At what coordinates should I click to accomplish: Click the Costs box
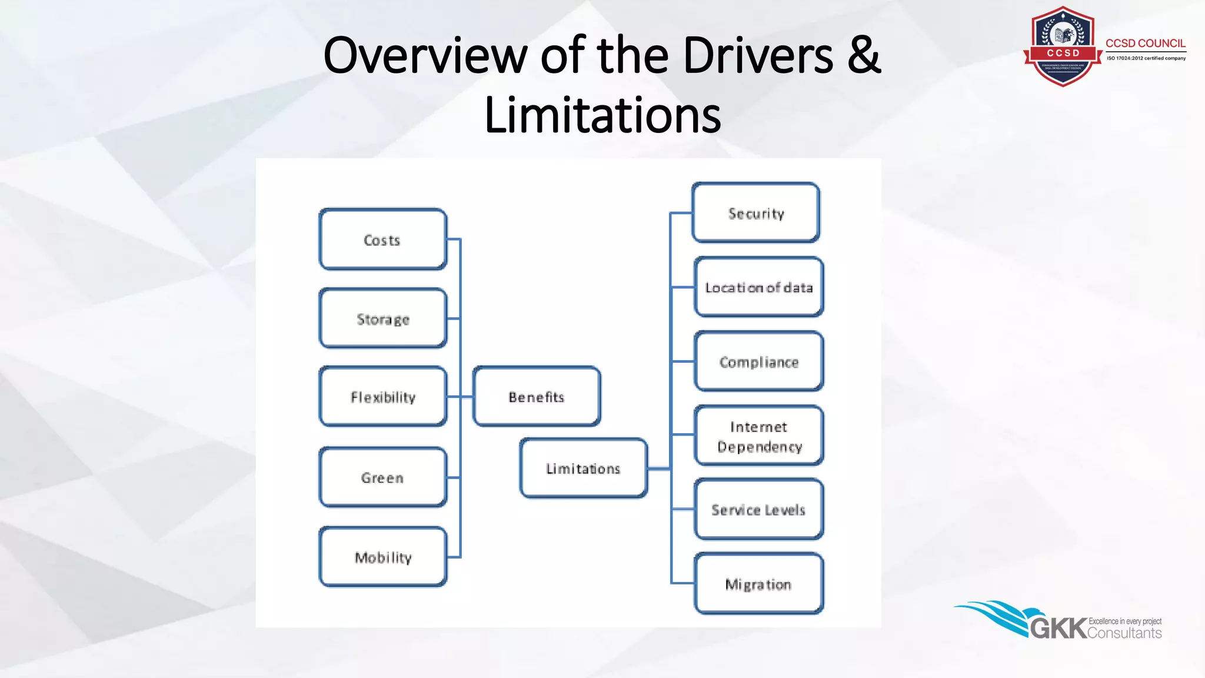click(x=382, y=240)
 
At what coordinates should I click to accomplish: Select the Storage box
click(x=382, y=318)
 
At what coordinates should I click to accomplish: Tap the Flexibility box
click(x=382, y=397)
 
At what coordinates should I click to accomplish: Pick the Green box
click(x=382, y=477)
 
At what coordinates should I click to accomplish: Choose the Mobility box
click(x=382, y=557)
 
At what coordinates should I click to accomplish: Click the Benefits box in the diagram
click(x=536, y=397)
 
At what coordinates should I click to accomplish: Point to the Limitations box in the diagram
click(x=583, y=468)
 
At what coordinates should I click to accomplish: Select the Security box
click(x=756, y=213)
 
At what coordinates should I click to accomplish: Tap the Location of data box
click(x=758, y=287)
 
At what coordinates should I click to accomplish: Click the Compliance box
click(x=758, y=361)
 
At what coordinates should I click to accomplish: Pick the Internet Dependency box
click(x=758, y=436)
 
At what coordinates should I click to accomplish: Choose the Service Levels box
click(x=758, y=510)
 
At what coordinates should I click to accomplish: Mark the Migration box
click(x=758, y=584)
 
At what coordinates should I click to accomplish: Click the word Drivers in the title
click(x=758, y=55)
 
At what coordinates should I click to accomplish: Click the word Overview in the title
click(x=425, y=55)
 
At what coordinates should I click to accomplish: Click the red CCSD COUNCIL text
click(x=1145, y=44)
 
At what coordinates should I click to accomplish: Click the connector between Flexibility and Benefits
click(x=460, y=397)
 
